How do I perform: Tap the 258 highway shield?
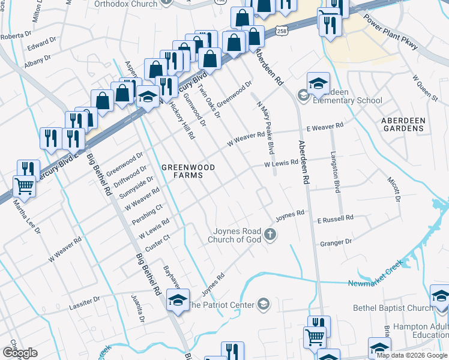pyautogui.click(x=281, y=31)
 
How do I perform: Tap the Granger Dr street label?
pyautogui.click(x=336, y=243)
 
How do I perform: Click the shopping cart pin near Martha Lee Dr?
pyautogui.click(x=24, y=186)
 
